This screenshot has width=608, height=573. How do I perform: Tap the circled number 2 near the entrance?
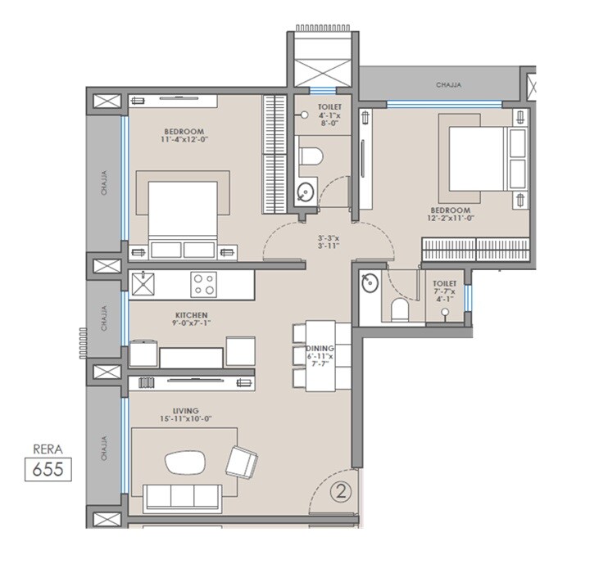(x=339, y=492)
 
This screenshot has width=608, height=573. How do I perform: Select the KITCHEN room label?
(x=190, y=314)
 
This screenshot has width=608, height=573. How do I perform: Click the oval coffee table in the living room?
(x=187, y=462)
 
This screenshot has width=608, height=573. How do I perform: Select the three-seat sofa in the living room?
(x=180, y=496)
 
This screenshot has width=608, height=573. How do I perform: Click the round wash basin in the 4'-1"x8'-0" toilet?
(x=304, y=192)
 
